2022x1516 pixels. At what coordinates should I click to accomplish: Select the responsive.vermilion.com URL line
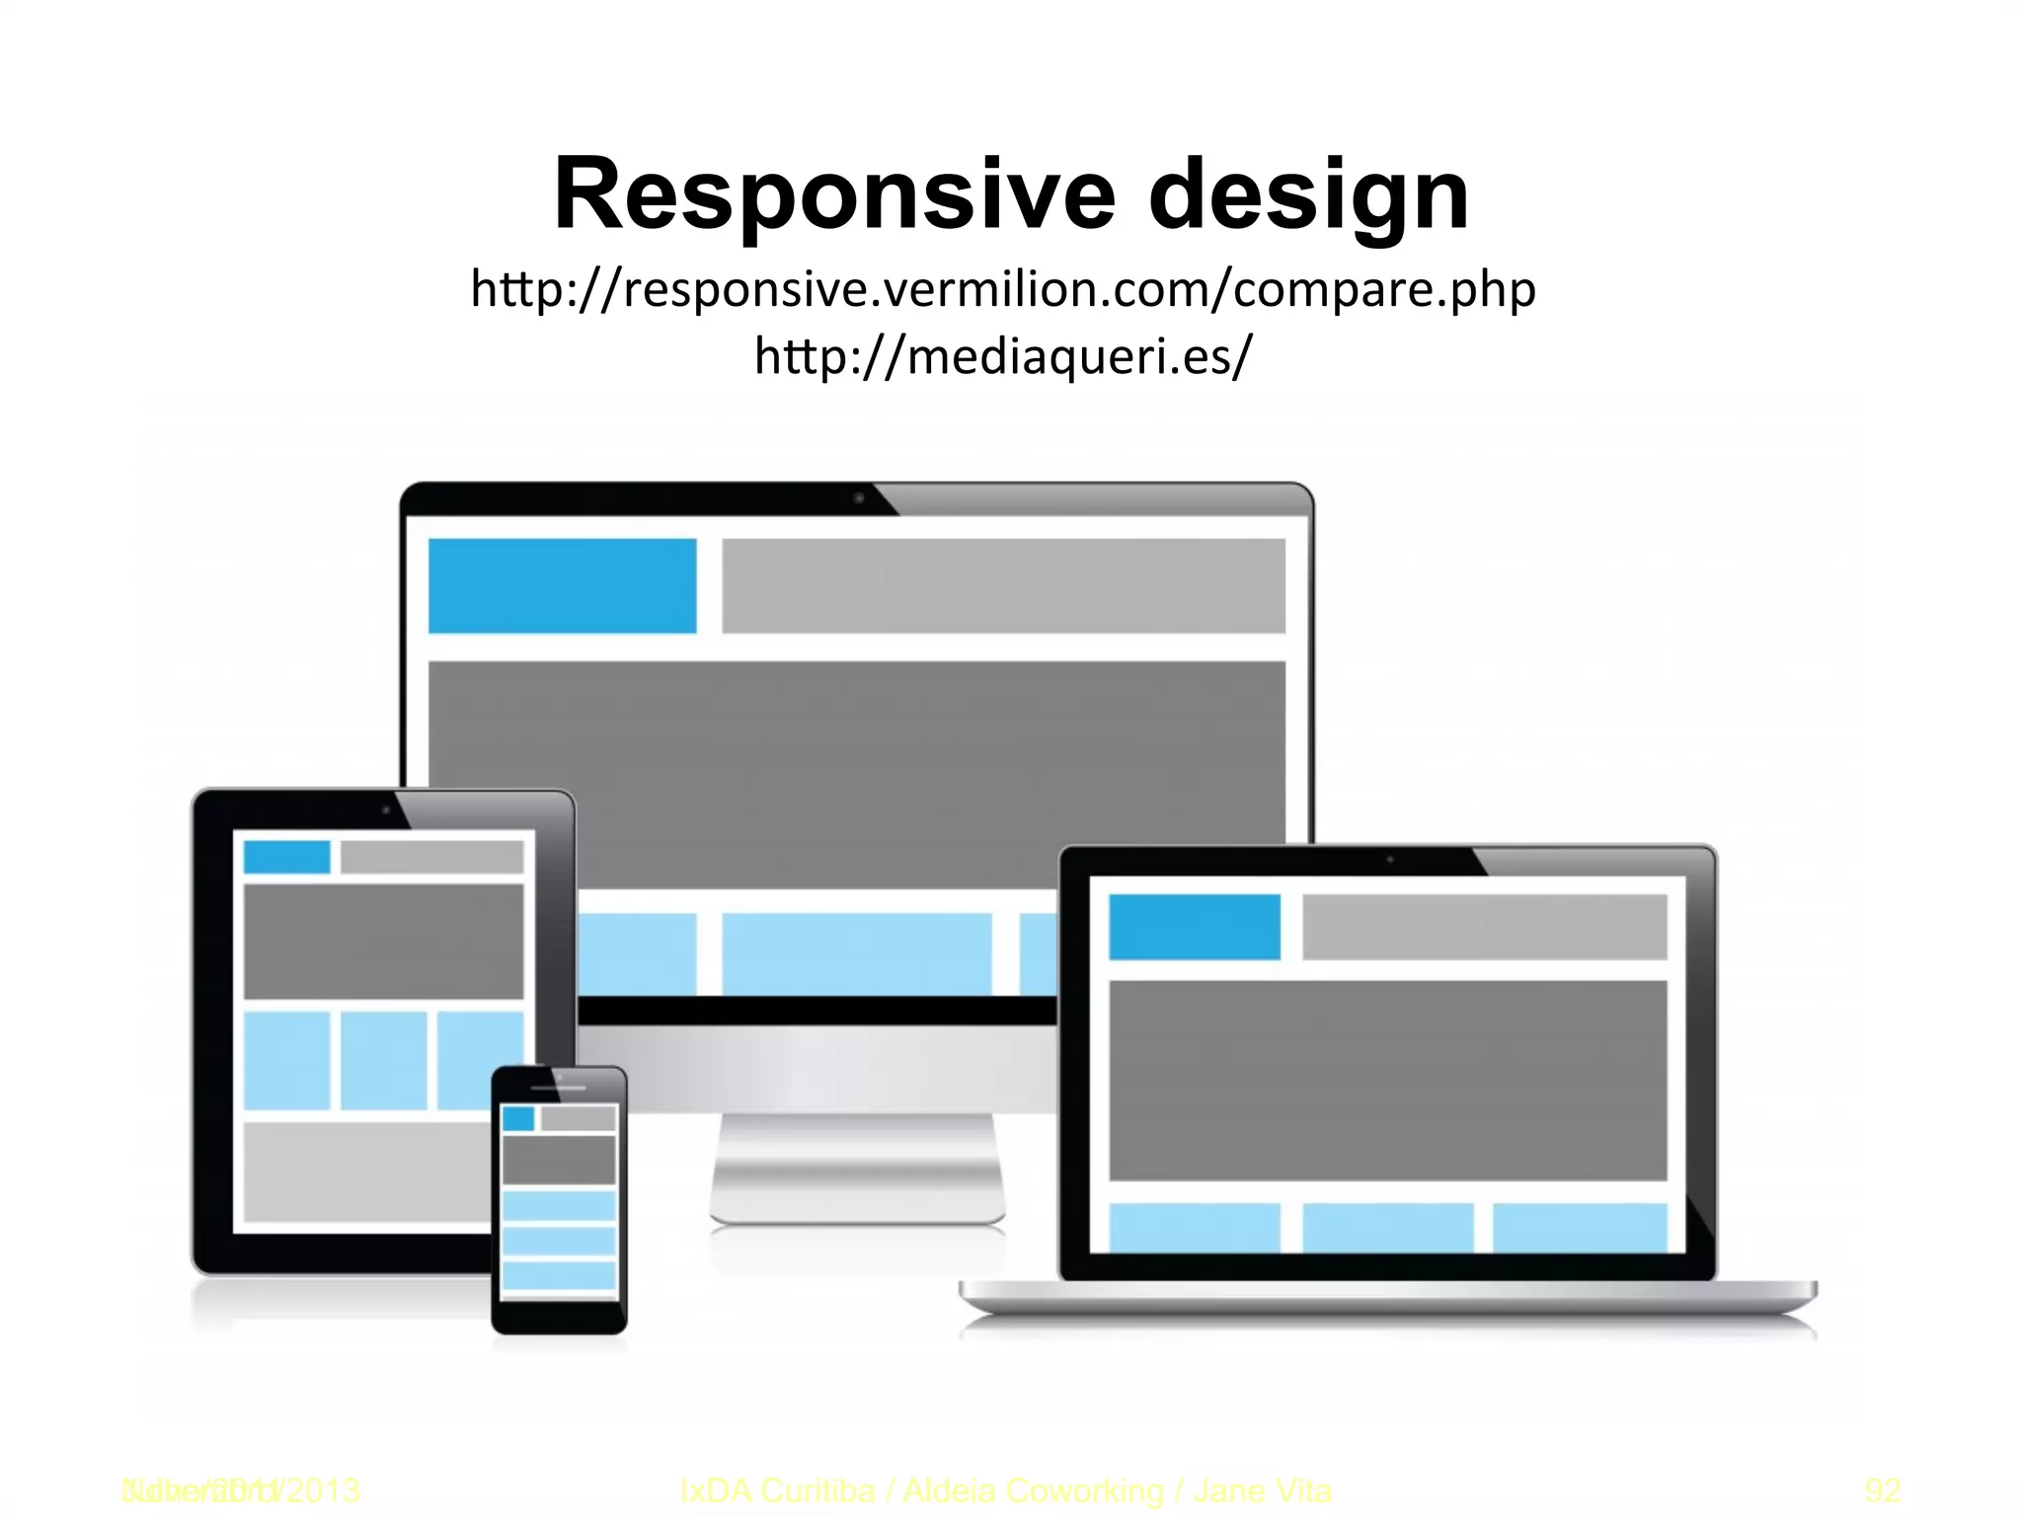(1003, 289)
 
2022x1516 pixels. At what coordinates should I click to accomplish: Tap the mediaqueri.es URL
(1003, 355)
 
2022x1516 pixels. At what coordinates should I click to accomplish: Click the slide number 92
(1882, 1490)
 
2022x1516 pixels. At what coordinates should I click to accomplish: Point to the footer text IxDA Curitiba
(778, 1490)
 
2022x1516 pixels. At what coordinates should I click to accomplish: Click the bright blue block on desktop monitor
(562, 585)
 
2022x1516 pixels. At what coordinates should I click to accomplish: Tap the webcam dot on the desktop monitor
(859, 498)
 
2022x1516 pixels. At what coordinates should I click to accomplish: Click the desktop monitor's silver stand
(857, 1170)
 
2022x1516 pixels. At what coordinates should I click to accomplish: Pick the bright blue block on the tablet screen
(286, 857)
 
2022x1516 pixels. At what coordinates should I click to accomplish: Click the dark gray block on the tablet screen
(383, 941)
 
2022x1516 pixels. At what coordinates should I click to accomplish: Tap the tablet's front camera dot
(385, 811)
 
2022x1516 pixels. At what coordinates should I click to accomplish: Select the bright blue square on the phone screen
(518, 1118)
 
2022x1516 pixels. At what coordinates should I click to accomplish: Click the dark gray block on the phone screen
(559, 1160)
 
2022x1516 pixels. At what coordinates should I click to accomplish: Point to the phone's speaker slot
(559, 1088)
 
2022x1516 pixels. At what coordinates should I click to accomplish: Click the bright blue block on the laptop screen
(1195, 927)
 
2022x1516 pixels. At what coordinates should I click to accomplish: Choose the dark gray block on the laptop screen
(1387, 1081)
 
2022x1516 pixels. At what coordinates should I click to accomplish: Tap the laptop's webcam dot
(1390, 860)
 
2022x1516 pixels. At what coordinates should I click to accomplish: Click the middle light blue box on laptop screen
(1387, 1227)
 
